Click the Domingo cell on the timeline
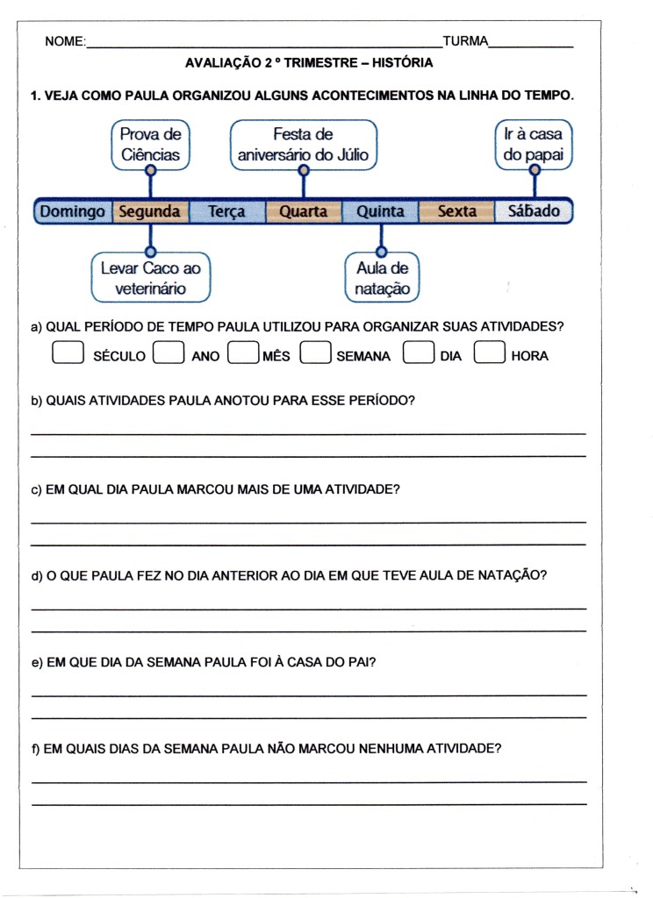click(x=73, y=211)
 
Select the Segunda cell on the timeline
click(x=149, y=211)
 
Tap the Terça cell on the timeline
click(x=226, y=211)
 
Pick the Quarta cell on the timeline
click(x=303, y=211)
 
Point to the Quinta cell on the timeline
click(x=380, y=211)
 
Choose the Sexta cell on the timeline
click(x=456, y=211)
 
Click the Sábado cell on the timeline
click(x=533, y=211)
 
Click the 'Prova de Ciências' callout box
click(x=150, y=145)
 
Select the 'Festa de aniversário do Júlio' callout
click(x=303, y=145)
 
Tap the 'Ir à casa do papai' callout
click(x=534, y=145)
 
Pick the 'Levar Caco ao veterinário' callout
click(x=151, y=278)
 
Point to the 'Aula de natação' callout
click(x=382, y=278)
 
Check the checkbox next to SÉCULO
click(x=68, y=353)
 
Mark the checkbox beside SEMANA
click(x=314, y=353)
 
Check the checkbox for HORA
click(x=489, y=353)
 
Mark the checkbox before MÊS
click(x=242, y=353)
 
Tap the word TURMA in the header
click(x=465, y=41)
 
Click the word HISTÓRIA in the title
click(x=402, y=63)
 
